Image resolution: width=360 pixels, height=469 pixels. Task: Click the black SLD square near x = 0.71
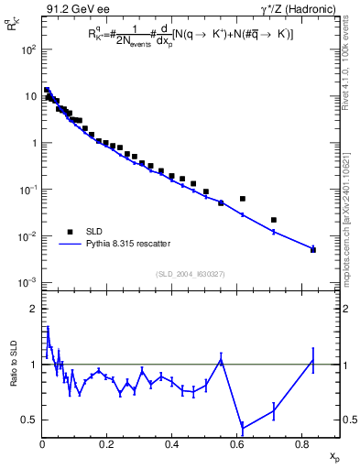tap(274, 220)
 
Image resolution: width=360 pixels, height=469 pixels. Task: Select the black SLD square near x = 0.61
tap(243, 199)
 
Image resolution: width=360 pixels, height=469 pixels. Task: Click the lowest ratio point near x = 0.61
tap(243, 427)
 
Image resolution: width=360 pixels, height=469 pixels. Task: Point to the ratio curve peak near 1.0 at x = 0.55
tap(221, 359)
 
